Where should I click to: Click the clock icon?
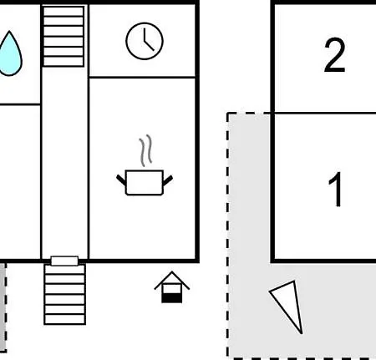(x=145, y=41)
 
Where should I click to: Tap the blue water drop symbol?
(x=10, y=53)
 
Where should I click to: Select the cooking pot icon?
(x=145, y=182)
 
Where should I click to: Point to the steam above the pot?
(x=146, y=150)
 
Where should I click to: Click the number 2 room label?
(x=335, y=55)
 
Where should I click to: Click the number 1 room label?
(x=336, y=189)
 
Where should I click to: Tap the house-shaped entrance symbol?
(x=172, y=287)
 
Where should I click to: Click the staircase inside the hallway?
(x=64, y=37)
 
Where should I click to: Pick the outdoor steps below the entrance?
(x=65, y=294)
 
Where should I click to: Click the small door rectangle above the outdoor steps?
(x=64, y=261)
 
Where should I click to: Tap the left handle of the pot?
(x=121, y=180)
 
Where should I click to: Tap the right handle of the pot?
(x=168, y=180)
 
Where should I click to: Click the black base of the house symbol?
(x=172, y=297)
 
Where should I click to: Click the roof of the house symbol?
(x=172, y=281)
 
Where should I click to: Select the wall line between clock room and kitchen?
(x=142, y=77)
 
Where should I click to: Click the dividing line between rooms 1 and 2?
(x=325, y=113)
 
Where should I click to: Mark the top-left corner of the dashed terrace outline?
(x=228, y=114)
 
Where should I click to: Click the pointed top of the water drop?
(x=9, y=31)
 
